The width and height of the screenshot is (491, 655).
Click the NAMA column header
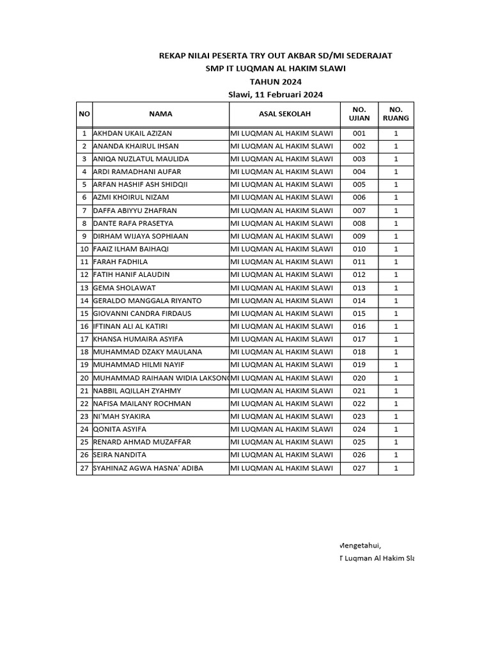pos(160,114)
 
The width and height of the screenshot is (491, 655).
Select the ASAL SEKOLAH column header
pos(284,114)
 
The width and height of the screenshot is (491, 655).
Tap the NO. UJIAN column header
pos(359,114)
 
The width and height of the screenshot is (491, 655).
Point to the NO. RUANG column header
pos(396,114)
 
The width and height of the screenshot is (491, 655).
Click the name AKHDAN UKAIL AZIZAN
pos(132,134)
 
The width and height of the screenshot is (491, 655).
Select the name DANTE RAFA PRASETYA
pos(133,223)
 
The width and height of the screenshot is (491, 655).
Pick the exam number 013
pos(359,288)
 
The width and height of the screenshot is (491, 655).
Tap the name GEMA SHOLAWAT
pos(124,288)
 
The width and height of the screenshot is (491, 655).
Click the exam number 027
pos(359,468)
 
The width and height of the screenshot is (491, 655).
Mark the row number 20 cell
pos(84,378)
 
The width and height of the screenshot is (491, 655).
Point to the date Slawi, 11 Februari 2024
pos(276,95)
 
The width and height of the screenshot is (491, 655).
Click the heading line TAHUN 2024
pos(276,82)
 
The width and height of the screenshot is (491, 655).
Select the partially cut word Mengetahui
pos(359,546)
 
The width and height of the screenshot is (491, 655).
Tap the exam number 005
pos(359,185)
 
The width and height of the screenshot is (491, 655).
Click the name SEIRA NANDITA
pos(120,455)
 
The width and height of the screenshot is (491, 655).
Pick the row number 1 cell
pos(84,134)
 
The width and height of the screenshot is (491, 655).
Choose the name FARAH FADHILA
pos(120,262)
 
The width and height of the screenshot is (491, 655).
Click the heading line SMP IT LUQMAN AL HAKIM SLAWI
pos(276,69)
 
